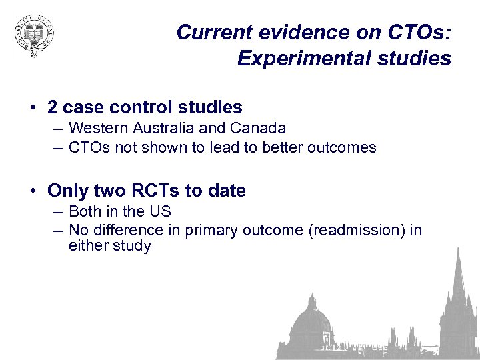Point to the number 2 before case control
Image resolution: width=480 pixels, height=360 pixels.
[53, 107]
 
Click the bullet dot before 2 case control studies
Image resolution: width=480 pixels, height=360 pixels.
[32, 107]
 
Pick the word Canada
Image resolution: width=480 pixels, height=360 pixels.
[259, 128]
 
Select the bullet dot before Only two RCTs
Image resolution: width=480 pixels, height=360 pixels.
[32, 191]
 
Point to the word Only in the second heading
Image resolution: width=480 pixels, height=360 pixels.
[67, 191]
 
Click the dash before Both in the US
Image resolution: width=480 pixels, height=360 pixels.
[59, 212]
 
